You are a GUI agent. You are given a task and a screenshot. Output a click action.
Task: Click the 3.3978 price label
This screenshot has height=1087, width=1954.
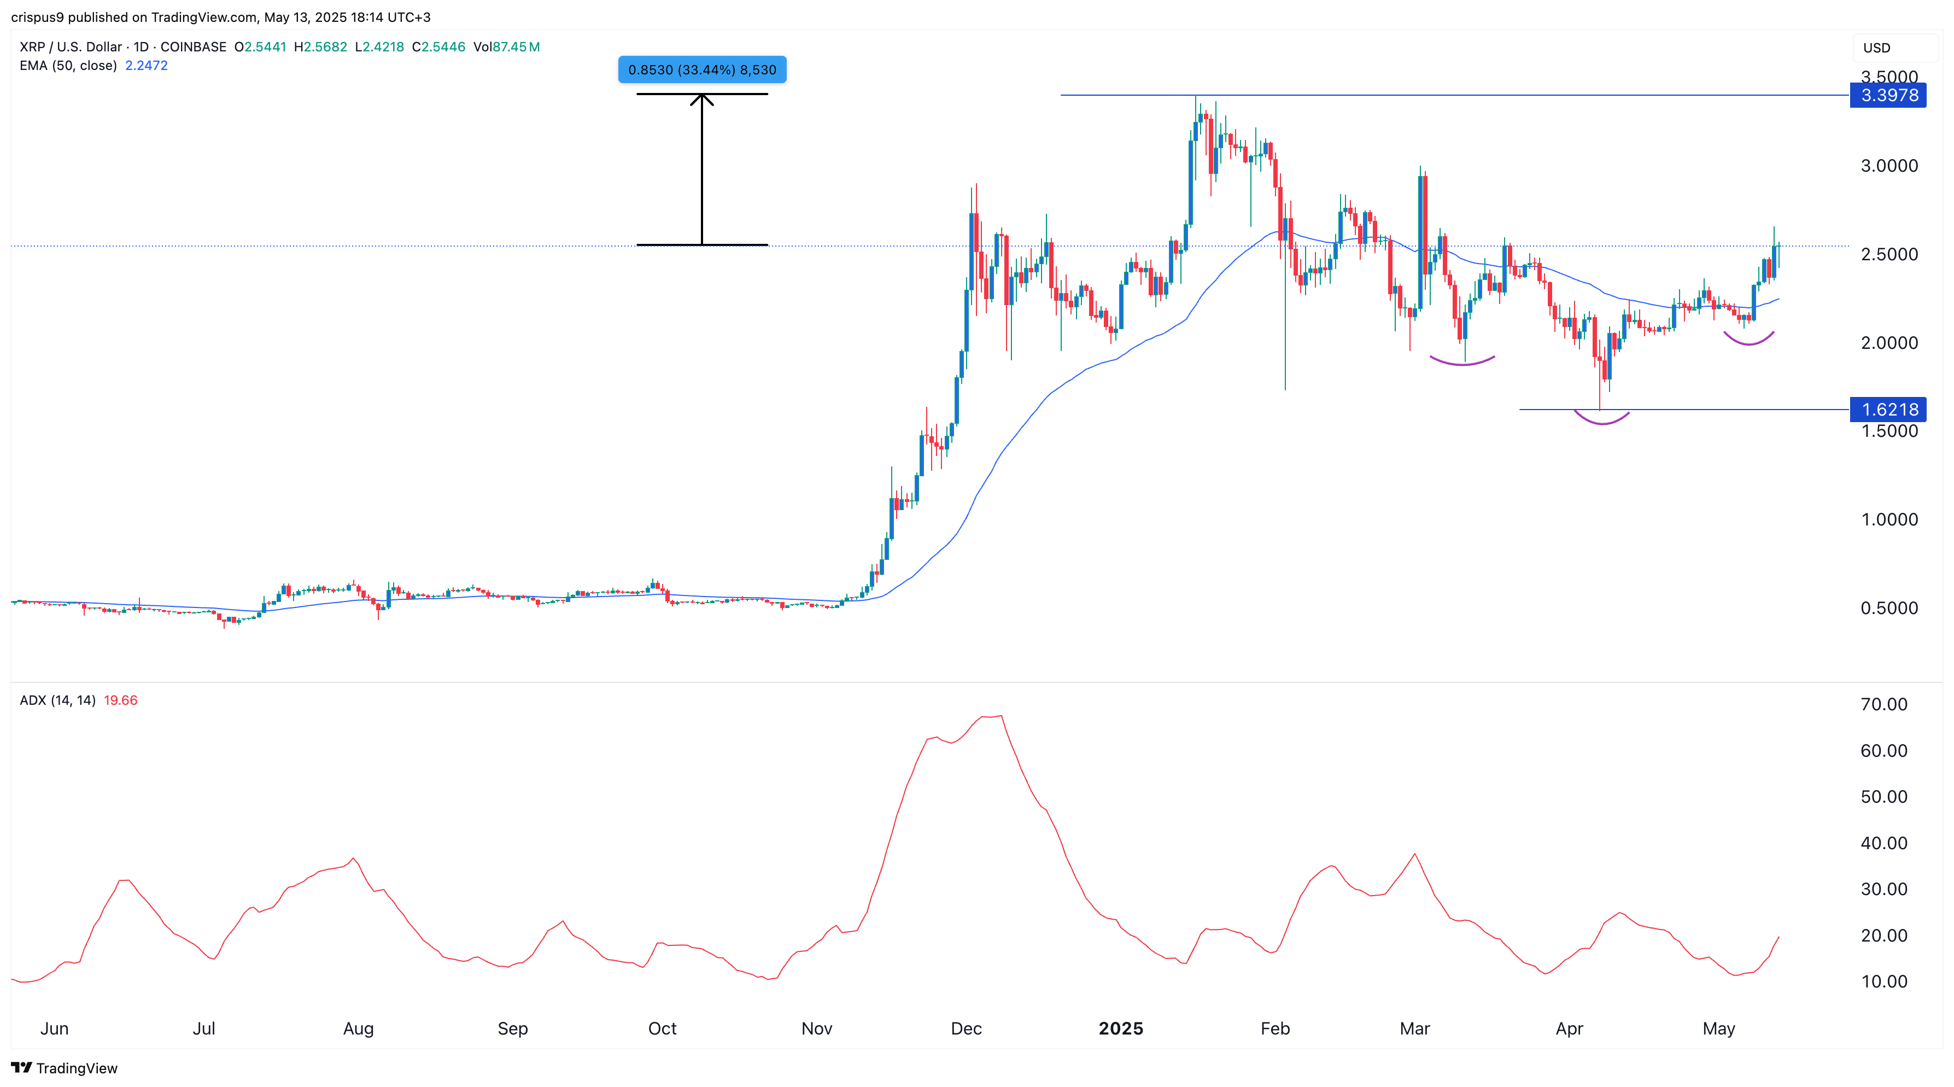coord(1888,96)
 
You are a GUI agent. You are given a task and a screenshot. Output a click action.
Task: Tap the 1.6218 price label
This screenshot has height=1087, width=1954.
coord(1888,410)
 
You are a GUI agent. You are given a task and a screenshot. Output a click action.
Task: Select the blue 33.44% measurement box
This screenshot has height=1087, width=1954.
coord(701,70)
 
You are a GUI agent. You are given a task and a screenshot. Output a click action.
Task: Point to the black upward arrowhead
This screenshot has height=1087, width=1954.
coord(701,98)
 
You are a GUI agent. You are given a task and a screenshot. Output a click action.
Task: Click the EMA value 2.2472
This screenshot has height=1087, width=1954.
coord(147,65)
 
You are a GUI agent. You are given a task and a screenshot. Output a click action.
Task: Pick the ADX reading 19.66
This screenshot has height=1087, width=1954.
coord(121,700)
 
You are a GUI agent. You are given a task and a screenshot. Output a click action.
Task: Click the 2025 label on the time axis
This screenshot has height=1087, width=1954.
coord(1120,1028)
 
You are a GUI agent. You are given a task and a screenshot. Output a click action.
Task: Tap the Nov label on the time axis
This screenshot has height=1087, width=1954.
coord(817,1028)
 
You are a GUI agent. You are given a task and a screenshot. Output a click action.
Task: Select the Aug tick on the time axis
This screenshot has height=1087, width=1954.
coord(358,1028)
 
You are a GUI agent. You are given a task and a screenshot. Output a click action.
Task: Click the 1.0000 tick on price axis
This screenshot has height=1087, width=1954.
coord(1889,519)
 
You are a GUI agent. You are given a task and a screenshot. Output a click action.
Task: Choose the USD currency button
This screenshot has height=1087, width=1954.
coord(1877,48)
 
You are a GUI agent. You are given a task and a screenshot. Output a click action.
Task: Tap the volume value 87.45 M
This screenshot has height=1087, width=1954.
coord(516,47)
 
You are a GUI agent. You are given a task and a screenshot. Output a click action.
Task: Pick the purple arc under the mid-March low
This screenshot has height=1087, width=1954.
coord(1462,363)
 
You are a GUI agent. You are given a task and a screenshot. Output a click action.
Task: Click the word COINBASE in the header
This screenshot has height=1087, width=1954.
coord(194,47)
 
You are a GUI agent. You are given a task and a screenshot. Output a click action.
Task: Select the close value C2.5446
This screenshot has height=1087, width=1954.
coord(438,47)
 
